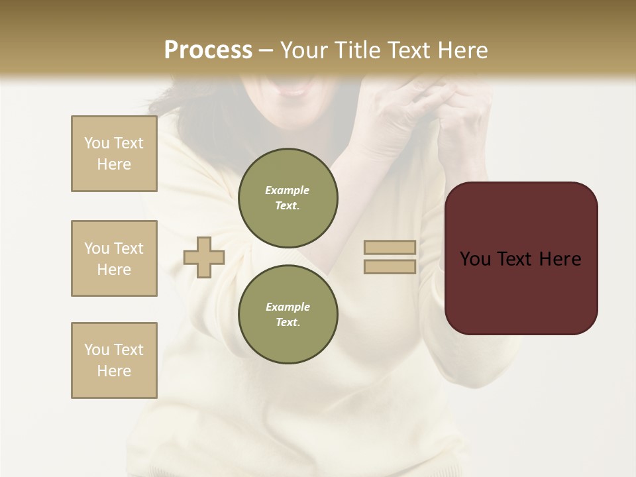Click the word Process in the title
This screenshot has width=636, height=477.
pos(208,50)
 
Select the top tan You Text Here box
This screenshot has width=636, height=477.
pos(114,154)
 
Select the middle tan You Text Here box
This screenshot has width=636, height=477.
pos(114,258)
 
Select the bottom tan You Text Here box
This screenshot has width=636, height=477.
pos(114,360)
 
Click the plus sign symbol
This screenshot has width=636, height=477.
pos(204,257)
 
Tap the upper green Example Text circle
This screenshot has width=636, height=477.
pos(288,198)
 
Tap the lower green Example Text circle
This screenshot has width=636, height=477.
pos(288,315)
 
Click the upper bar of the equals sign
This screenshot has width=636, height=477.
pos(390,248)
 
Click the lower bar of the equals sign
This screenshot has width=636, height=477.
pos(390,266)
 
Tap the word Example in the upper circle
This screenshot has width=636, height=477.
pos(287,190)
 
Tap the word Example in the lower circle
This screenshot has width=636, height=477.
pos(288,307)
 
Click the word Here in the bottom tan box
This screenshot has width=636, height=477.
pos(114,371)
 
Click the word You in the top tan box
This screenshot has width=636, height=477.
pos(96,143)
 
